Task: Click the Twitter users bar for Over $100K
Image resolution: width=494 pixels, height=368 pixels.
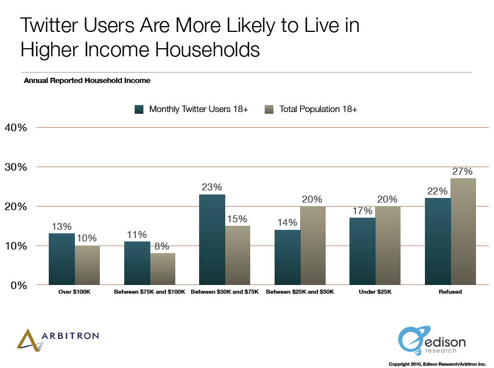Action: tap(62, 259)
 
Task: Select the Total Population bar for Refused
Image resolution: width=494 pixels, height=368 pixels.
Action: tap(463, 232)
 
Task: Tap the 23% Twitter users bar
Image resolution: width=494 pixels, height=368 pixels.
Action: tap(212, 239)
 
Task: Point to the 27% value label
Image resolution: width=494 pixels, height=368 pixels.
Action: tap(463, 171)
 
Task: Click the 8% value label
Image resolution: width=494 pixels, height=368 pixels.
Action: tap(162, 246)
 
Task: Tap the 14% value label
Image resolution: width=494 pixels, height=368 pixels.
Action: tap(287, 222)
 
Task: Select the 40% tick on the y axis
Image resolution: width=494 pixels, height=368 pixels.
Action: tap(16, 127)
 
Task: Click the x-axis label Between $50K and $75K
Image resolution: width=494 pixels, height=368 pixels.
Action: tap(225, 292)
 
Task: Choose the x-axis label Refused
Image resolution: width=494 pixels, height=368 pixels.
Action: tap(450, 292)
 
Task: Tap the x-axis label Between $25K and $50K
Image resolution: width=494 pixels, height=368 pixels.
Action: tap(300, 292)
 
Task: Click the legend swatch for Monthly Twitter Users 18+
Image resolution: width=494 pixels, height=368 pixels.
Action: tap(139, 109)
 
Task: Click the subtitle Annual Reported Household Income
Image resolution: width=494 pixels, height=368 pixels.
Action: tap(87, 81)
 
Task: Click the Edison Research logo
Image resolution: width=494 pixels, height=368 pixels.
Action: tap(432, 340)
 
